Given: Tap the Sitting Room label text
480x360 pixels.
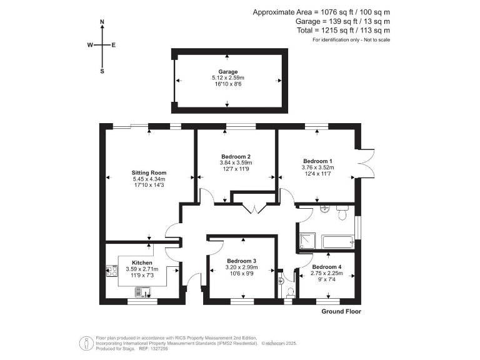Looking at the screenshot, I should point(149,172).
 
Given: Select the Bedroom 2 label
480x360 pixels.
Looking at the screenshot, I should point(236,156).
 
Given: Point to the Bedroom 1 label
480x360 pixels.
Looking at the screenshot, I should point(318,160).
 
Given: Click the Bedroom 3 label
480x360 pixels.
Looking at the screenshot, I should point(241,261).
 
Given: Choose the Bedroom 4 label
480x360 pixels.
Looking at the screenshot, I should point(326,267).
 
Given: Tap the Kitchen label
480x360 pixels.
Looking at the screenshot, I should point(142,262).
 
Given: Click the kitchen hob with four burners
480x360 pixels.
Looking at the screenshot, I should point(113,271).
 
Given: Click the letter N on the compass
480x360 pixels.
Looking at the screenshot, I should point(102,22).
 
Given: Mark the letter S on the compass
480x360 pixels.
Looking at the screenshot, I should point(102,71).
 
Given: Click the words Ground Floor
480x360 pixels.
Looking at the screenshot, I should point(341,311).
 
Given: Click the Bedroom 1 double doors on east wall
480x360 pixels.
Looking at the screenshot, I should point(366,164).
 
